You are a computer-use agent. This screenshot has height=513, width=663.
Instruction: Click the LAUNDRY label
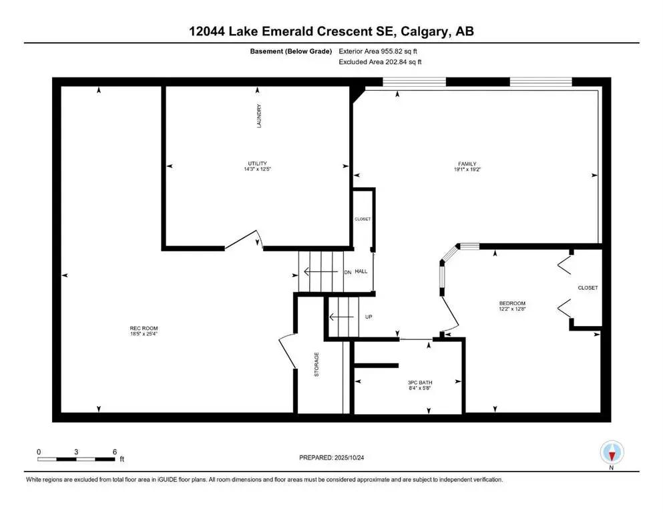tap(258, 116)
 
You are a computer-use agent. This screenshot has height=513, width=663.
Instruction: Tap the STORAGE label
tap(316, 364)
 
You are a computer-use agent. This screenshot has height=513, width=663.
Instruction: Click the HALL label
tap(361, 272)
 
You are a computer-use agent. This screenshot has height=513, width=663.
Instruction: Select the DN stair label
tap(347, 272)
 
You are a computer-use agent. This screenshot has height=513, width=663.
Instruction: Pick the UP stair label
tap(368, 317)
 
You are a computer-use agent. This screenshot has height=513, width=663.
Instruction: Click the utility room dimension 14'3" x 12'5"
tap(257, 170)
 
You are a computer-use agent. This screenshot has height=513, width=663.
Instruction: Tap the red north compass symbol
tap(612, 454)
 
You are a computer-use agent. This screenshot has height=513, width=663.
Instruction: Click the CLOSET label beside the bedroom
tap(588, 288)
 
